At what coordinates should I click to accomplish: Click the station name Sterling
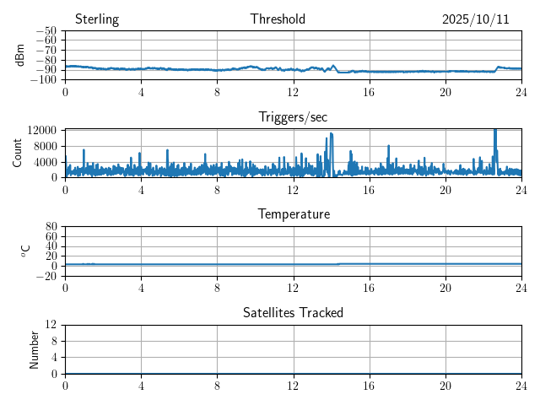click(x=96, y=19)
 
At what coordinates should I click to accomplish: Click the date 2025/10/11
click(x=475, y=19)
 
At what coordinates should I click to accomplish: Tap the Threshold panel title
click(x=278, y=19)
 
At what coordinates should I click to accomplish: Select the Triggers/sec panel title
click(x=293, y=117)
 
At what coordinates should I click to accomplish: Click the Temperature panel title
click(x=293, y=214)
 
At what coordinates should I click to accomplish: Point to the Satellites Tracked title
click(x=293, y=312)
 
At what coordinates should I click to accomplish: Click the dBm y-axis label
click(x=20, y=55)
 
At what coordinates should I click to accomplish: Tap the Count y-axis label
click(x=17, y=153)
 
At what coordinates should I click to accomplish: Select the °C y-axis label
click(x=25, y=251)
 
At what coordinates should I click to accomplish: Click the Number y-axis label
click(x=35, y=348)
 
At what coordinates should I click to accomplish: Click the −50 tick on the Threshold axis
click(x=45, y=30)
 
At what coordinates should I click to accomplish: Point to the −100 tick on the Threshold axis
click(x=42, y=79)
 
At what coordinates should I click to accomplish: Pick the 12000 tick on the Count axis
click(x=41, y=130)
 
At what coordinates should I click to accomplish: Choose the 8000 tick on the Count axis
click(x=45, y=145)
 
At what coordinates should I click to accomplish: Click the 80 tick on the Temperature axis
click(x=51, y=226)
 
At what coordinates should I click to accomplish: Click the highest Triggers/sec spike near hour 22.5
click(x=494, y=130)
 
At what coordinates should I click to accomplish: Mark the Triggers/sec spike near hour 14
click(x=332, y=133)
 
